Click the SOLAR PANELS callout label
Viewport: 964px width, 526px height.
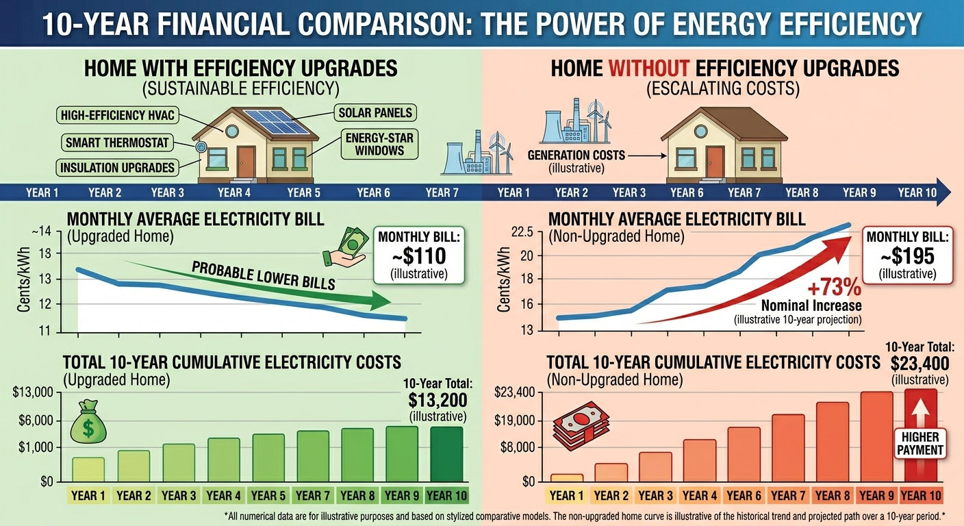[x=376, y=112]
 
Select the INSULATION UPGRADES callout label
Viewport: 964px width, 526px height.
[x=118, y=167]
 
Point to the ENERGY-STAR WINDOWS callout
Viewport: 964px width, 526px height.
[x=379, y=144]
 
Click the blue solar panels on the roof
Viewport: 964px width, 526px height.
[x=278, y=121]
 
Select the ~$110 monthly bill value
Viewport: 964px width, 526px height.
[x=419, y=256]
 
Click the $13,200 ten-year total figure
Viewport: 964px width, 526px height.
[x=437, y=399]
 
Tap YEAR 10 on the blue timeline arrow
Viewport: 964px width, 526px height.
[x=917, y=192]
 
